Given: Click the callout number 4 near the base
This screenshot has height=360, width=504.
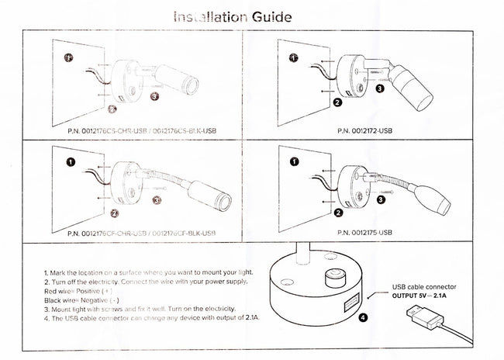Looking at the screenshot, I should click(x=364, y=317).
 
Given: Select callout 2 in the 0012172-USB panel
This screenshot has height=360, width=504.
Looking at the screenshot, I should click(x=337, y=102).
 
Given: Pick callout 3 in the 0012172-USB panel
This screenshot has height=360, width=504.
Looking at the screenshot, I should click(x=379, y=88).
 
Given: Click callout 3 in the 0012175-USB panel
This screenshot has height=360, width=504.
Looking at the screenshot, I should click(x=381, y=199).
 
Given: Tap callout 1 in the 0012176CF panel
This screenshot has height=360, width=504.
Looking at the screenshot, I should click(x=70, y=163).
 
